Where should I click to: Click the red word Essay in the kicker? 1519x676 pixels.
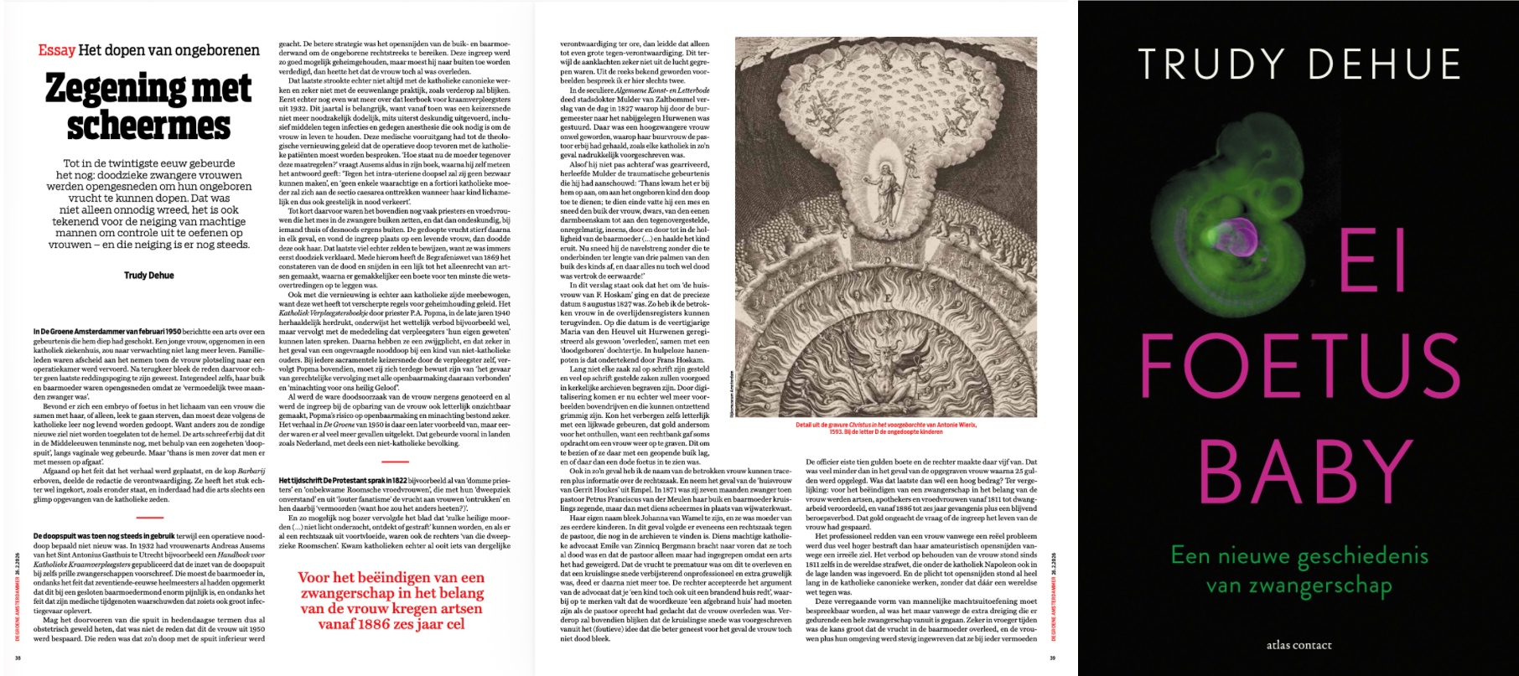[57, 50]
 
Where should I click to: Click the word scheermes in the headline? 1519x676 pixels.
[148, 126]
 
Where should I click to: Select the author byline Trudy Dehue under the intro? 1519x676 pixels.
[148, 275]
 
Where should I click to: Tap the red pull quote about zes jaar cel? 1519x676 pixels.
[391, 601]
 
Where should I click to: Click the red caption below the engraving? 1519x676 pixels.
[886, 429]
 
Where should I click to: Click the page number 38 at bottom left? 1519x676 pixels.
[18, 658]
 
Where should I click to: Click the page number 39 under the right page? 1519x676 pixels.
[1053, 658]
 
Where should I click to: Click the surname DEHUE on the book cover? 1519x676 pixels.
[1385, 65]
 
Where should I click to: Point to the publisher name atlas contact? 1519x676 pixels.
[1299, 645]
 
